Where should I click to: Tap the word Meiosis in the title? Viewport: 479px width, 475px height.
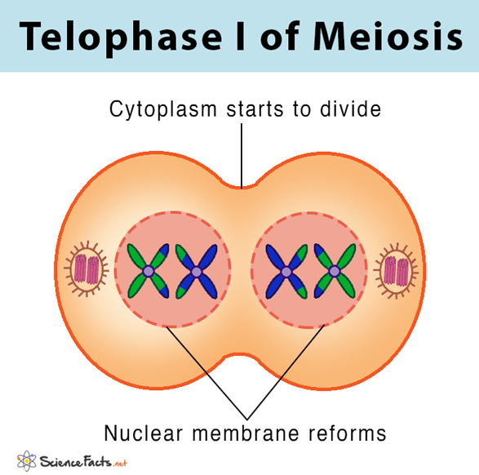coord(388,36)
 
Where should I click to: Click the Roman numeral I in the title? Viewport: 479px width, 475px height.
coord(241,36)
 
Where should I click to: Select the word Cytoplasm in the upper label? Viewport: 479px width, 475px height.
coord(163,109)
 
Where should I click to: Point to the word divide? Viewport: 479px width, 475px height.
coord(350,109)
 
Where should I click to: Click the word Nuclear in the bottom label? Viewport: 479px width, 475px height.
coord(144,433)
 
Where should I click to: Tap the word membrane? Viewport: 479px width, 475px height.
coord(246,433)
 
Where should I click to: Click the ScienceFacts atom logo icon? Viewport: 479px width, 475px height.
coord(27,460)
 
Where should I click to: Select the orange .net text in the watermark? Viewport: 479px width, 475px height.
coord(120,464)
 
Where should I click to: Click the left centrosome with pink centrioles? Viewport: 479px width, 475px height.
coord(86,269)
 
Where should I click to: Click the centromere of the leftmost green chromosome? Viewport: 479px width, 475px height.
coord(149,271)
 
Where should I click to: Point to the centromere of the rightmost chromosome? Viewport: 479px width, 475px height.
coord(335,271)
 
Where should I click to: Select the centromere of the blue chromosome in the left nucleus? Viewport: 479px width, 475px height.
coord(197,271)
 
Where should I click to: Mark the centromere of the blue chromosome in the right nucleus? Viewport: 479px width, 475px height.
coord(286,271)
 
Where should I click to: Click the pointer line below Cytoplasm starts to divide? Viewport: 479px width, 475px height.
coord(242,156)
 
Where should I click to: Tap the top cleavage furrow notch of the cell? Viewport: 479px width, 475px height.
coord(241,188)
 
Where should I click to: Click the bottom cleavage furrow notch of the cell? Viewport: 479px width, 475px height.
coord(239,355)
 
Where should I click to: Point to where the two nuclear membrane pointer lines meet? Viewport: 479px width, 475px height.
coord(247,420)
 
